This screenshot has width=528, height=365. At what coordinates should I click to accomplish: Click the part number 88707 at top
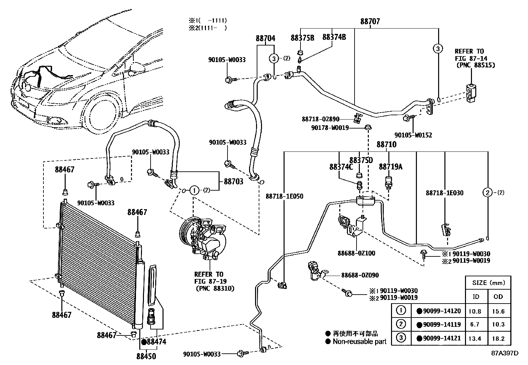tap(370, 22)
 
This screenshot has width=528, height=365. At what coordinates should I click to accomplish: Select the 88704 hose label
tap(265, 38)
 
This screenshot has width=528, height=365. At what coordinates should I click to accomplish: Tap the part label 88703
tap(233, 181)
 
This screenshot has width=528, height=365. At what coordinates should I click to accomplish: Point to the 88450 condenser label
tap(146, 356)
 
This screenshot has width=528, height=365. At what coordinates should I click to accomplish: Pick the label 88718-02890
tap(320, 119)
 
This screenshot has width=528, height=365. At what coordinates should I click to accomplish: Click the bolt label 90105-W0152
tap(413, 135)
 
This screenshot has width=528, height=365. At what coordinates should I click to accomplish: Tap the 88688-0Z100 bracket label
tap(357, 253)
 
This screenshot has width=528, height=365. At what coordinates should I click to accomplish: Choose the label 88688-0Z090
tap(360, 275)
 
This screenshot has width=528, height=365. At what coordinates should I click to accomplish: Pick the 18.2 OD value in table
tap(498, 338)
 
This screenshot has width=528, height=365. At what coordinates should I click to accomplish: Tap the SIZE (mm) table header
tap(488, 283)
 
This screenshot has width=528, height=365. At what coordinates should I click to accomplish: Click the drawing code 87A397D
tap(504, 353)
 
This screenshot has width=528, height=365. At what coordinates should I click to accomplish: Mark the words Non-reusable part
tap(360, 341)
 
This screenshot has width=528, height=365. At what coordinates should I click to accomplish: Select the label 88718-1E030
tap(444, 193)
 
